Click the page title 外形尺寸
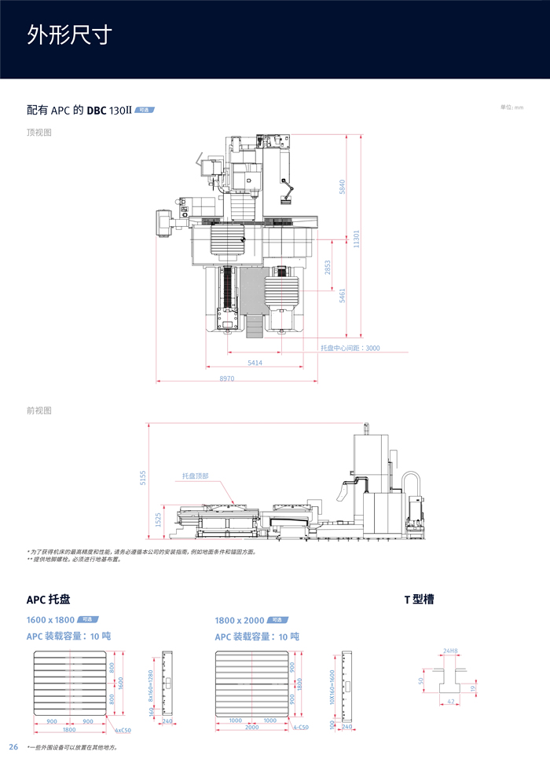coord(69,35)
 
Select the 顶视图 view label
coord(39,133)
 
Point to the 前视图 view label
coord(39,410)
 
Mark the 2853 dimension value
coord(328,268)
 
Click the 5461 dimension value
coord(342,296)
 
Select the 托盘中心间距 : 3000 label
coord(350,348)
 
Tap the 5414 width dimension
coord(255,363)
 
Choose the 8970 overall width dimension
coord(227,378)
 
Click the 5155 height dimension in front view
coord(143,478)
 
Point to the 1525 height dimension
coord(158,519)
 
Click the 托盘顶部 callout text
coord(196,476)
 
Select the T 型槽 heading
coord(419,600)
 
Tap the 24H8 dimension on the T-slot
coord(450,650)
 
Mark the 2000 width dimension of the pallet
coord(251,728)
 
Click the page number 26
coord(13,746)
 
